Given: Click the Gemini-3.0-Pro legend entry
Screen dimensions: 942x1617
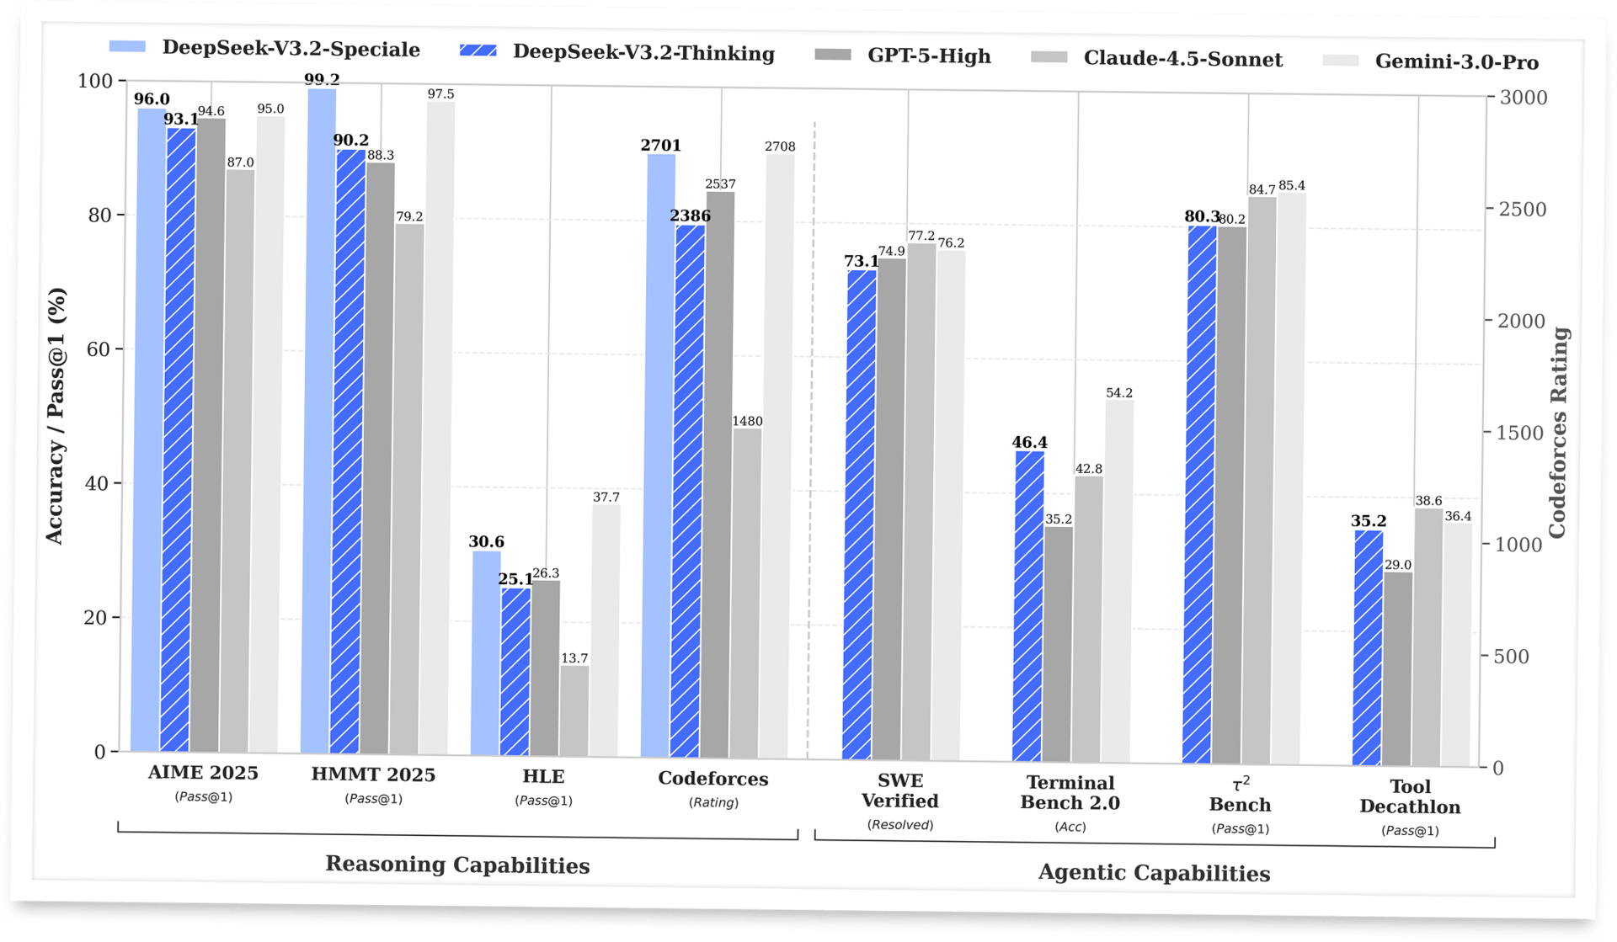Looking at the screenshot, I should tap(1456, 61).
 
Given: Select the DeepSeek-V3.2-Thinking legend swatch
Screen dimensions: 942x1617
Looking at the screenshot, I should tap(478, 51).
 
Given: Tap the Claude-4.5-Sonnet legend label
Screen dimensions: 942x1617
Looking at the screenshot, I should tap(1182, 59).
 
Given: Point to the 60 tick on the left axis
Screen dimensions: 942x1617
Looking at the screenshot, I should tap(99, 349).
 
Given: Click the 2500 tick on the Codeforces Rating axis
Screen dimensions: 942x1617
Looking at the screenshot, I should tap(1522, 209).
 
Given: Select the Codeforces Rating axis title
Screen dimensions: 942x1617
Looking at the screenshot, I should tap(1557, 433).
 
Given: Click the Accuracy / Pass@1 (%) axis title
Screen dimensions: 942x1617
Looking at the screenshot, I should tap(56, 416).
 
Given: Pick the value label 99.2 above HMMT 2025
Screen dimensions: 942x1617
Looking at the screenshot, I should tap(322, 80).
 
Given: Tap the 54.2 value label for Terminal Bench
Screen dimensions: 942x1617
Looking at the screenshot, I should tap(1118, 393).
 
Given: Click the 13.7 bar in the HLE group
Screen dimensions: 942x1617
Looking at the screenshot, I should tap(574, 711).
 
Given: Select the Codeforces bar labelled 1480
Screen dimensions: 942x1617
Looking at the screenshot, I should tap(746, 593).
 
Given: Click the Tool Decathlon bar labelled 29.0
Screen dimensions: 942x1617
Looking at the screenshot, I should tap(1398, 669).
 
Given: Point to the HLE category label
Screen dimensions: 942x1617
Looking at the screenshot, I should tap(543, 776).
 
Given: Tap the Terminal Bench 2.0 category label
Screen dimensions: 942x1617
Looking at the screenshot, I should tap(1070, 793).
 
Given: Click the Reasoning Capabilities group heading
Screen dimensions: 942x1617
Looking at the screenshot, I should tap(457, 865).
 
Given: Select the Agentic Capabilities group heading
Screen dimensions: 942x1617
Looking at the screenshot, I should tap(1154, 872).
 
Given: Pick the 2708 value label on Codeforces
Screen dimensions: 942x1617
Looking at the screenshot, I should tap(780, 146).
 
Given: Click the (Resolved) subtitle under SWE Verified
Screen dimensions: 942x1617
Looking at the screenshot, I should tap(900, 825).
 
